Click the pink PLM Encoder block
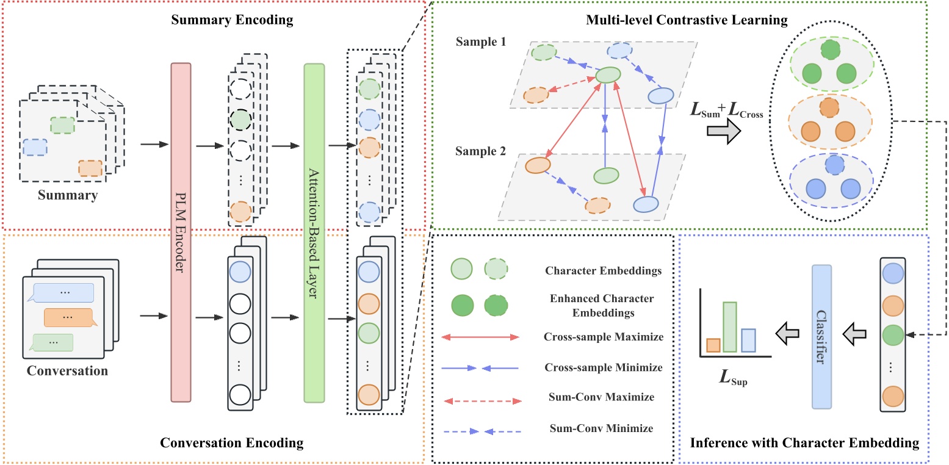point(181,232)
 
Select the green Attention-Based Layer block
point(314,232)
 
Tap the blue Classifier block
point(821,336)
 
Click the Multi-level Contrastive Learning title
point(687,20)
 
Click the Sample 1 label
point(480,43)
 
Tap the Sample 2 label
point(480,151)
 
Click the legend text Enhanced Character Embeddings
point(592,306)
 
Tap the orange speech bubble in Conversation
point(68,317)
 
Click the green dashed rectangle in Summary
point(63,125)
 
